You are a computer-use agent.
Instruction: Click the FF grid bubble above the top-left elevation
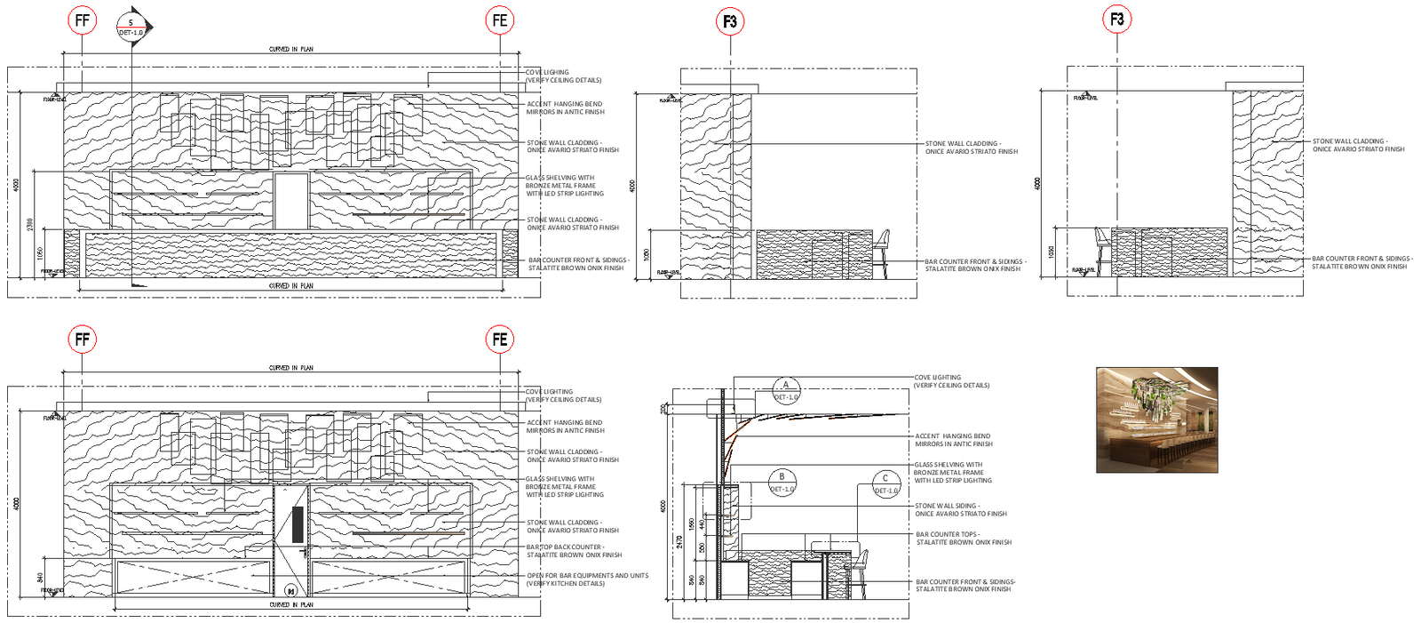coord(82,20)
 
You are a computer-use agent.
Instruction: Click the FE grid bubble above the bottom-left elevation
coord(500,339)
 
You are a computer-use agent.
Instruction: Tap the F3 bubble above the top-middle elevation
coord(730,21)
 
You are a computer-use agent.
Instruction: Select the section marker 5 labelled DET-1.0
coord(132,27)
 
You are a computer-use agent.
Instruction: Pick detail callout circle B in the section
coord(782,483)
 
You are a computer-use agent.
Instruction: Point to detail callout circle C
coord(885,484)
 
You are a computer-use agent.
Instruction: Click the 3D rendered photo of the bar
coord(1156,419)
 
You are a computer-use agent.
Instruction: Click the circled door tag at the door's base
coord(290,590)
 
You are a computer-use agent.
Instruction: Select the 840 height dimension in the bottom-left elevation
coord(41,578)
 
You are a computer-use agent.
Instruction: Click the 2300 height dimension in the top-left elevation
coord(30,225)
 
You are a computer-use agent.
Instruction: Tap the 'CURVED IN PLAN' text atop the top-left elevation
coord(290,50)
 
